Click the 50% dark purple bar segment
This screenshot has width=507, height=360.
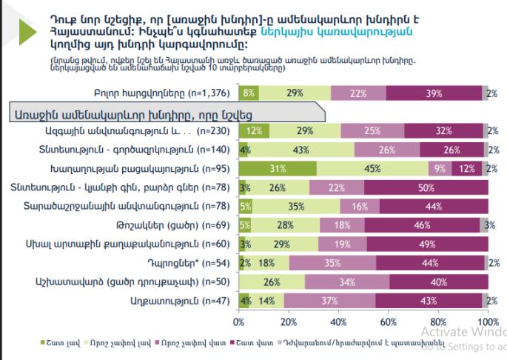tap(426, 187)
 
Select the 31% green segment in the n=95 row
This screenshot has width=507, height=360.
tap(278, 169)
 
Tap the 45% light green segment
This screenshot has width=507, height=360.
tap(372, 169)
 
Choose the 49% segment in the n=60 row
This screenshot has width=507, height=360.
tap(426, 244)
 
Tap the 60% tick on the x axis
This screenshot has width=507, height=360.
tap(388, 323)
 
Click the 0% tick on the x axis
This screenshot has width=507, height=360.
tap(239, 323)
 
